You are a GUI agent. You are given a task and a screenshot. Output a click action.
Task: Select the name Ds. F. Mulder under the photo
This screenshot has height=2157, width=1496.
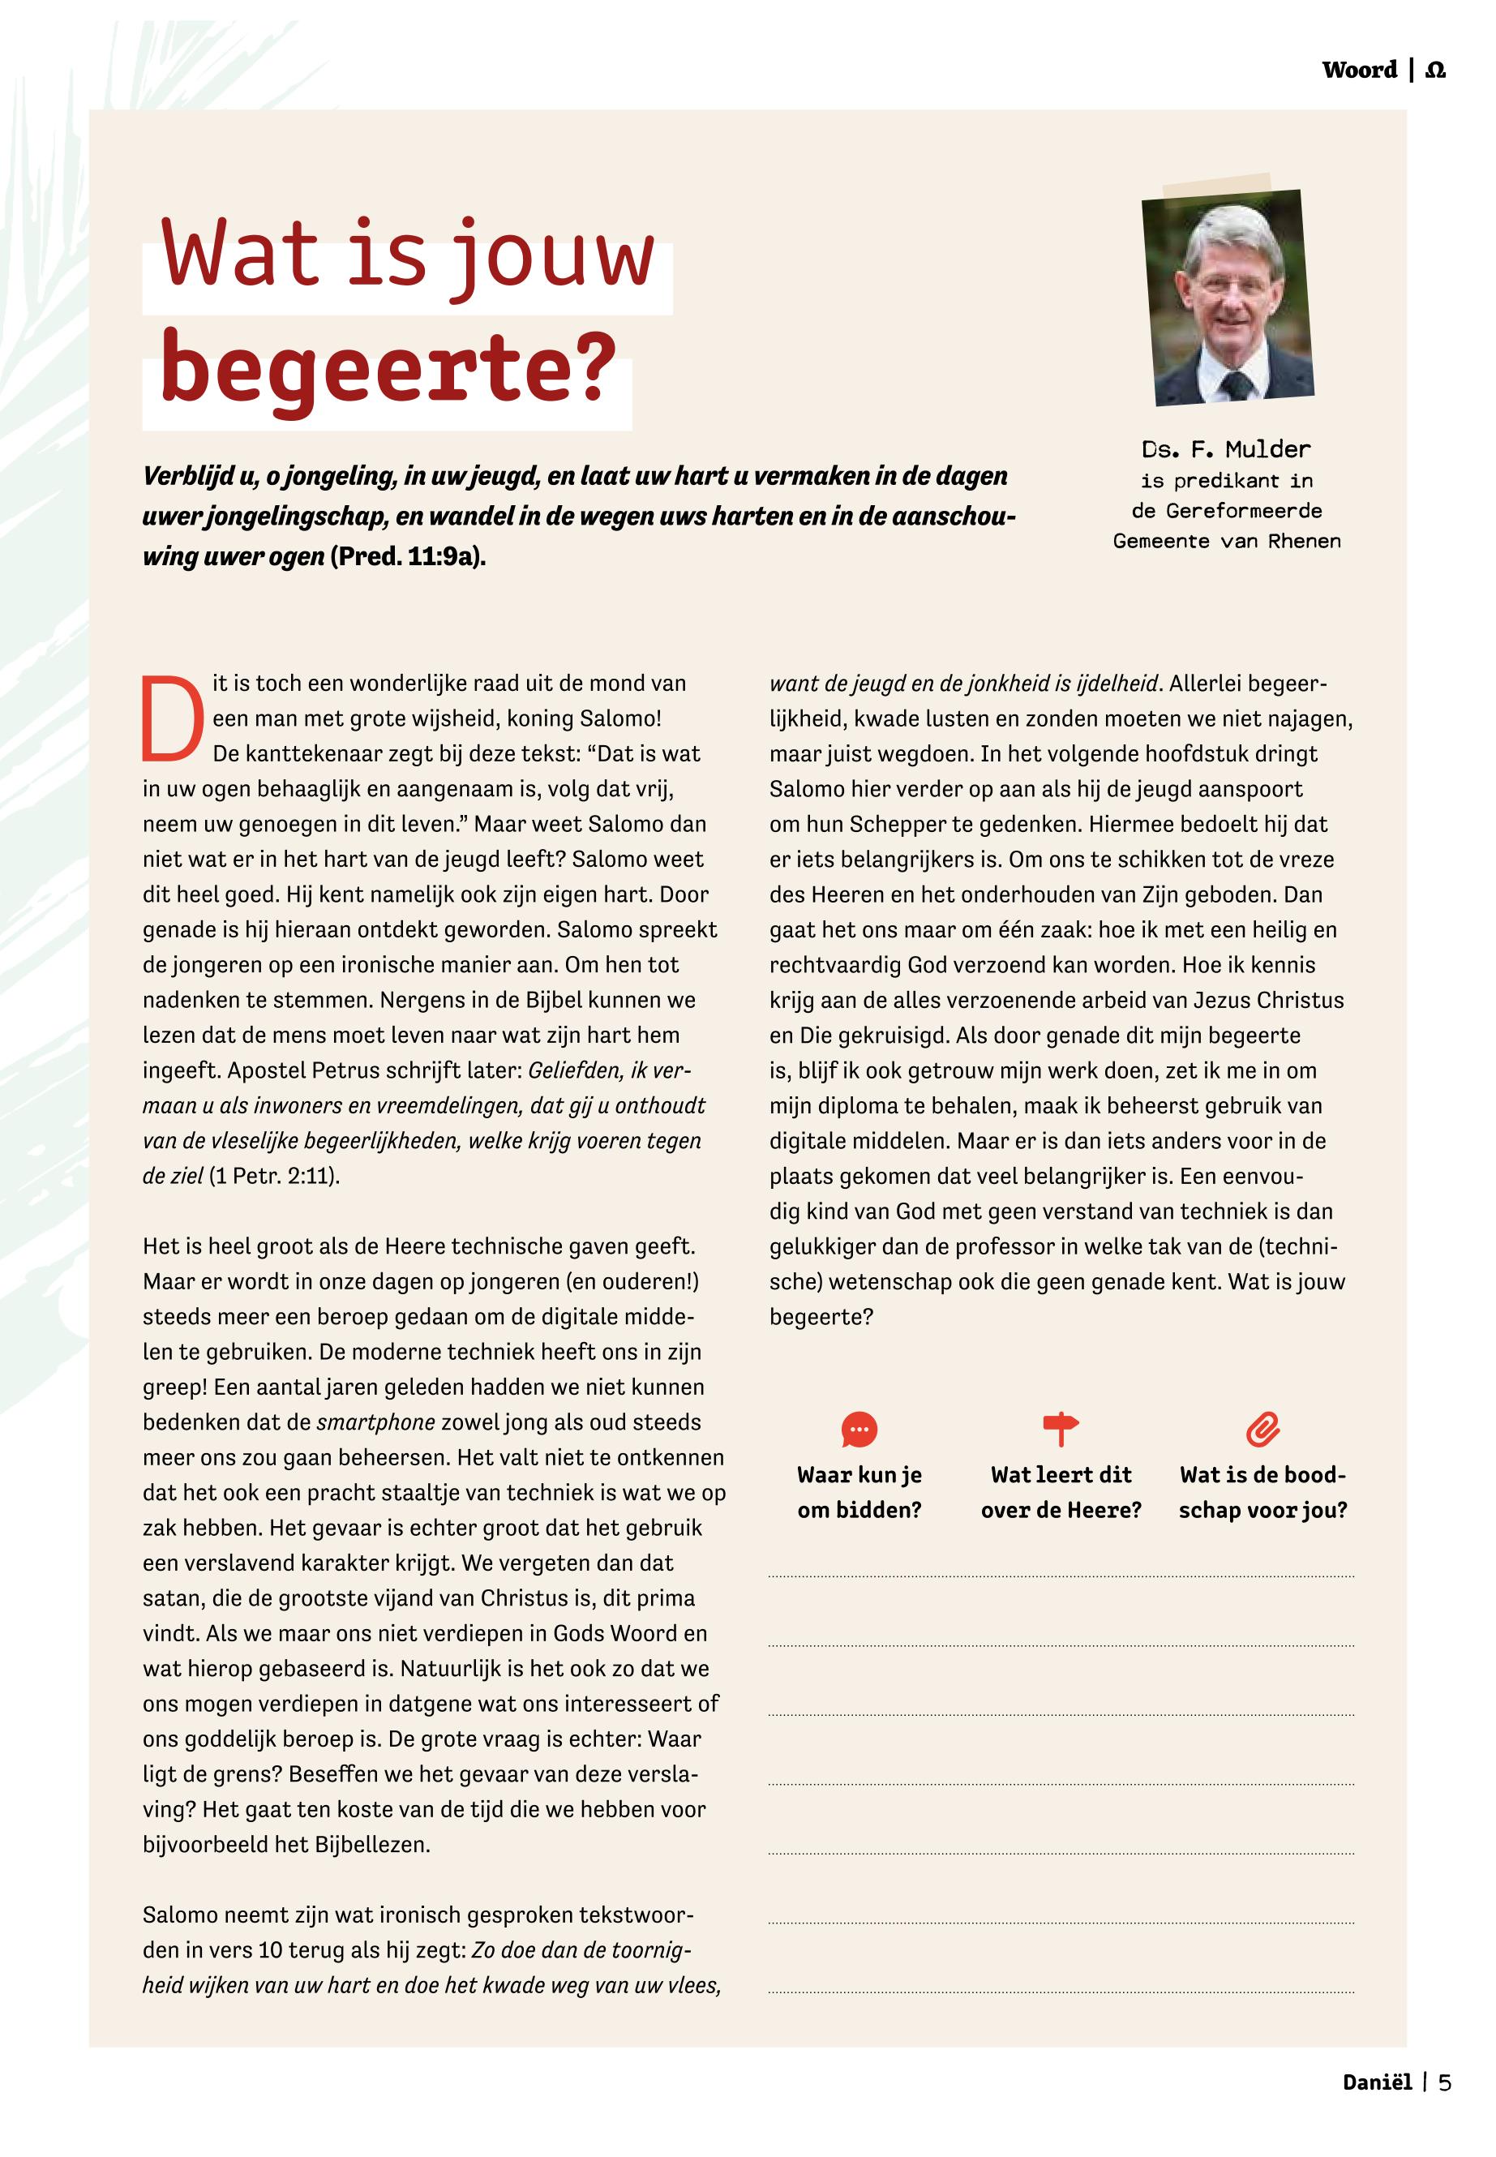point(1226,449)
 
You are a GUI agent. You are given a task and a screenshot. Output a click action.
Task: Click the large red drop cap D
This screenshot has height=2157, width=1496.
point(173,719)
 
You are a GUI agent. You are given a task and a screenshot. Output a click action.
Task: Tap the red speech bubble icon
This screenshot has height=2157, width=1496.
point(859,1430)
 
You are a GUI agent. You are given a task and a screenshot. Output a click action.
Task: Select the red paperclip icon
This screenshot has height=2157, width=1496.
point(1262,1430)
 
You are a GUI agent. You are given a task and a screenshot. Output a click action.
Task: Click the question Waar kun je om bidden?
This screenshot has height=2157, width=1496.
point(859,1491)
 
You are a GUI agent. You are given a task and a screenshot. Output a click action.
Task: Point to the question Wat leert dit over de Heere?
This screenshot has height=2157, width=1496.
point(1061,1491)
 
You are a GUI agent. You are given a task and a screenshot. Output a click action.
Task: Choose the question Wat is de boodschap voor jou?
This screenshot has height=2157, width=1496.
point(1262,1491)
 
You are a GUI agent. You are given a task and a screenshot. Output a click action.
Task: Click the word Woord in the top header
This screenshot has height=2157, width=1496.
point(1359,71)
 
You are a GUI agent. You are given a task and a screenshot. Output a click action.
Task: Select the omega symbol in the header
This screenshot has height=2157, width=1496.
point(1435,71)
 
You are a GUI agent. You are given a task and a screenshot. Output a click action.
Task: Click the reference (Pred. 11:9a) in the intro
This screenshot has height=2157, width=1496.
point(408,557)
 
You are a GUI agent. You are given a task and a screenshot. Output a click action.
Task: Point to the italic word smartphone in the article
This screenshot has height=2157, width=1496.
point(376,1422)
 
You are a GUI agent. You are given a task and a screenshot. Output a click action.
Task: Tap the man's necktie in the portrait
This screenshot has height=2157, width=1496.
point(1236,384)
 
